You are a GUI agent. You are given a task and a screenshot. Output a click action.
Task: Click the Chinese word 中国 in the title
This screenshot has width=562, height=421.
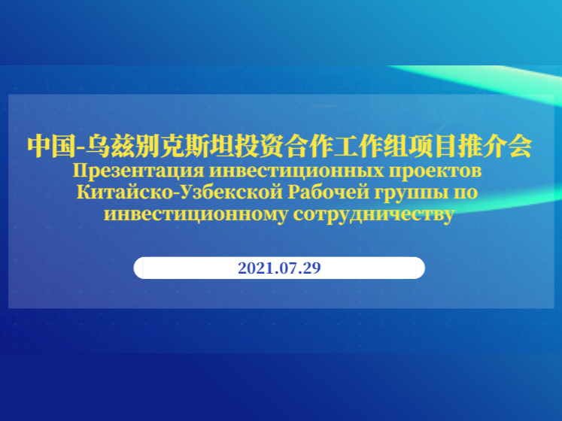[52, 146]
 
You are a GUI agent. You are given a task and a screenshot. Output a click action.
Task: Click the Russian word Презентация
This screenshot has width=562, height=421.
[138, 171]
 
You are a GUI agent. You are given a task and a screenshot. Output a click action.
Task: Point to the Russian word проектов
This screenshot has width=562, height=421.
[436, 171]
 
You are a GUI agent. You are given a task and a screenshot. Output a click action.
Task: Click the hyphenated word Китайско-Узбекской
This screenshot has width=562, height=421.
[180, 192]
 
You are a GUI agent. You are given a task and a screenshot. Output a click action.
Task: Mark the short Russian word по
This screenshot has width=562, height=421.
[463, 193]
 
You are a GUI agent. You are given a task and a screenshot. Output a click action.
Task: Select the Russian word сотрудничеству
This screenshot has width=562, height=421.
[374, 215]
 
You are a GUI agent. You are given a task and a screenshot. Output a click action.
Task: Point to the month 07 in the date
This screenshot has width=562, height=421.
[284, 268]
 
